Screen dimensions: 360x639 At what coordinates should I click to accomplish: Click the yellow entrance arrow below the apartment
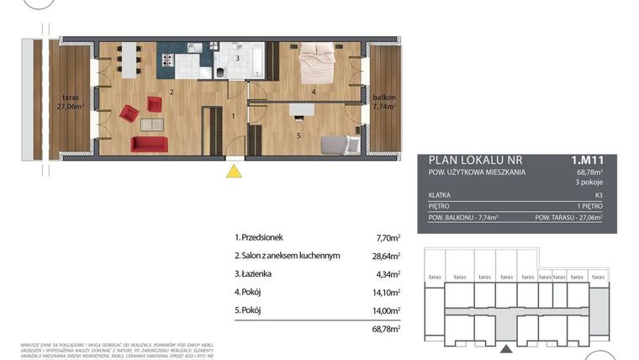click(x=235, y=172)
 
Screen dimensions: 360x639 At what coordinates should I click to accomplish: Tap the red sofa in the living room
click(x=149, y=145)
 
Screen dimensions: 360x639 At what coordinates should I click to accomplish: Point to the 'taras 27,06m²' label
click(x=70, y=102)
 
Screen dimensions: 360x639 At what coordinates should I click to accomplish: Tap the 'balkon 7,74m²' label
click(x=384, y=103)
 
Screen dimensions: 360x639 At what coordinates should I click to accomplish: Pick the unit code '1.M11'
click(x=588, y=159)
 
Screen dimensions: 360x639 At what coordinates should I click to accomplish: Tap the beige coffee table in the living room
click(x=152, y=124)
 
